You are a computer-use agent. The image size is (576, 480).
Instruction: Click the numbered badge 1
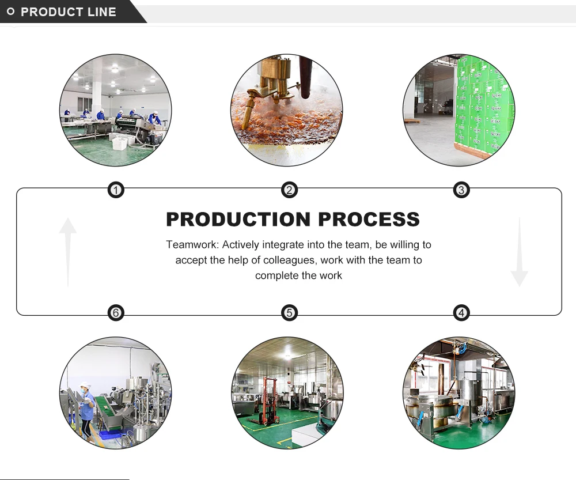[116, 190]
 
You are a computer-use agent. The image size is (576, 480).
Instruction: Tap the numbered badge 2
[289, 190]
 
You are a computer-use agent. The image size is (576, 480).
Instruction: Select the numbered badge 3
[461, 190]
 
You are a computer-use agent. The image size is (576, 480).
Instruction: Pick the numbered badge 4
[461, 313]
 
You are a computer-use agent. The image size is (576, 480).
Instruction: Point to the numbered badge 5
[289, 313]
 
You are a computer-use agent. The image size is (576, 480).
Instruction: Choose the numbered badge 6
[116, 313]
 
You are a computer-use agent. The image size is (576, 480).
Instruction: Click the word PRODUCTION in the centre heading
[238, 220]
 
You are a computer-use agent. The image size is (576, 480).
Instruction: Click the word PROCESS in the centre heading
[369, 220]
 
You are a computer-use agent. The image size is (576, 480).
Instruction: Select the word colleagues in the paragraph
[283, 260]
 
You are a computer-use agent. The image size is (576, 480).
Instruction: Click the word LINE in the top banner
[101, 12]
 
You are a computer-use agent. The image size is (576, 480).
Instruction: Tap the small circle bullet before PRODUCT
[10, 12]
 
